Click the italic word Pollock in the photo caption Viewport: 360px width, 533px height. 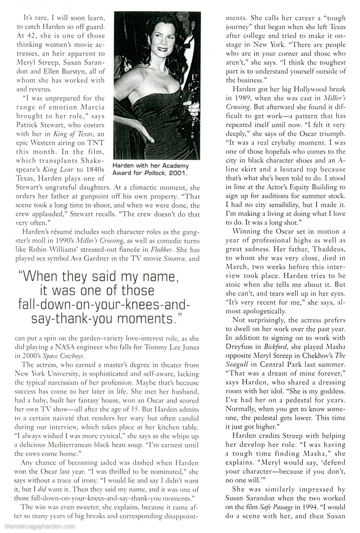click(159, 173)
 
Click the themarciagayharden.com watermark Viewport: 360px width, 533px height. click(37, 526)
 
